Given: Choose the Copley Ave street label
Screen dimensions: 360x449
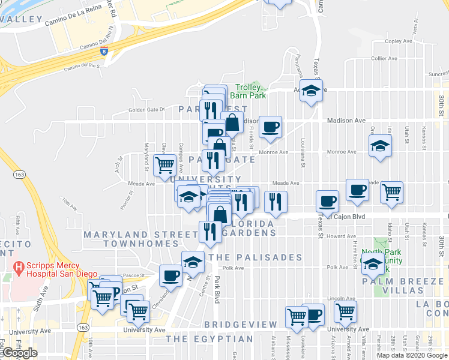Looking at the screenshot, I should pyautogui.click(x=399, y=41).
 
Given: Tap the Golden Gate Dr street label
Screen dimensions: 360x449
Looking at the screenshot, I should pyautogui.click(x=146, y=110).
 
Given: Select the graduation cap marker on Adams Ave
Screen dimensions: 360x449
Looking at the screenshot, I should pyautogui.click(x=311, y=91).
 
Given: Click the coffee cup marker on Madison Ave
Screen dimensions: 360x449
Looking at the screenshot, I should pyautogui.click(x=270, y=127).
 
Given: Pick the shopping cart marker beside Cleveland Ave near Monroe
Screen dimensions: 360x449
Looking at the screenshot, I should pyautogui.click(x=164, y=165).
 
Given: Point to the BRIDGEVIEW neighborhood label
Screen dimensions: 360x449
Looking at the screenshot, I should pyautogui.click(x=240, y=324).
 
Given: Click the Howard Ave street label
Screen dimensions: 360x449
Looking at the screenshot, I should pyautogui.click(x=342, y=236).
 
